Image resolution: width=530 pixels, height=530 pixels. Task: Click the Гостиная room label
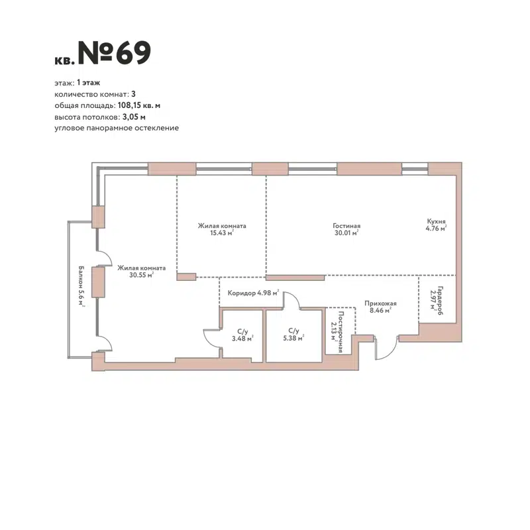coord(346,225)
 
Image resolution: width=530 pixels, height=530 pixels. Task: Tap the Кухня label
coord(436,223)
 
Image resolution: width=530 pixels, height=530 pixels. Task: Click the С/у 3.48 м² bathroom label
coord(242,335)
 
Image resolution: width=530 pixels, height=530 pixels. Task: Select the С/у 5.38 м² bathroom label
coord(291,335)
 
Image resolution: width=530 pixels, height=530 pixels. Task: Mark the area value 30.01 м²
coord(346,233)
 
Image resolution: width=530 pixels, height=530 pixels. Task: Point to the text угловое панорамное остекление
coord(117,127)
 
